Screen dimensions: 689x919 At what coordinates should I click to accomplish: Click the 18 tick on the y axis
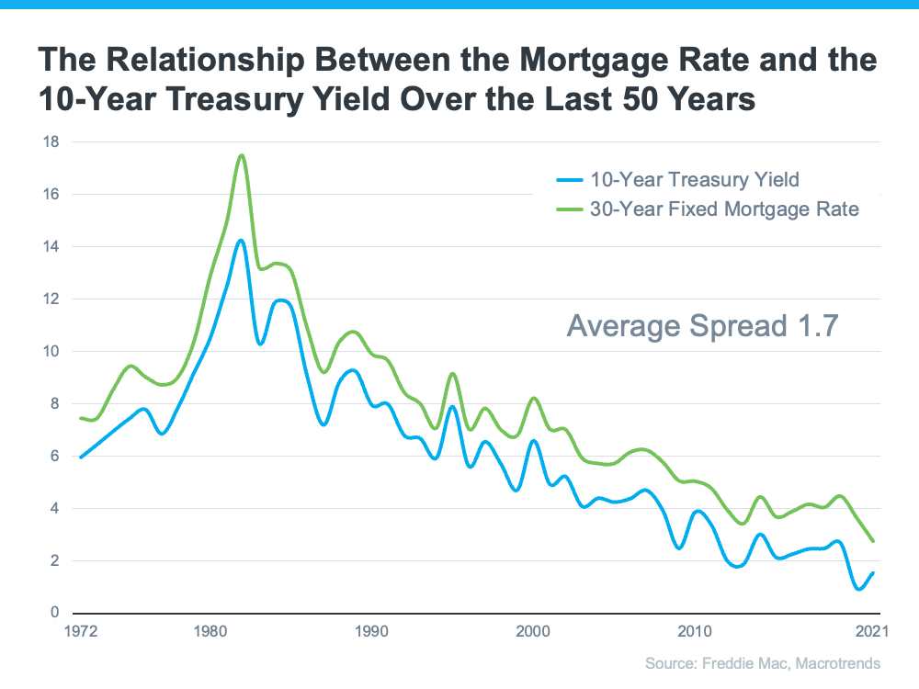pos(52,142)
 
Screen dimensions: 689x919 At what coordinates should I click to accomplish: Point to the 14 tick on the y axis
pos(52,247)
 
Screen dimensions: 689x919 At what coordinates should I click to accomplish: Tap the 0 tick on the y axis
pos(56,613)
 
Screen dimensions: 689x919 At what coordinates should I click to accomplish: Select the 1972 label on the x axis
pos(82,632)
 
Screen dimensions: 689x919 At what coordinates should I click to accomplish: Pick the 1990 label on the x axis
pos(371,632)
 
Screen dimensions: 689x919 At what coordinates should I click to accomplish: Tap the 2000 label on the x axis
pos(532,632)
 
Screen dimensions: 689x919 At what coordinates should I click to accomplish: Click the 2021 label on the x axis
pos(871,632)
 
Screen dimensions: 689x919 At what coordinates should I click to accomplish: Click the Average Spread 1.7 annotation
pos(702,325)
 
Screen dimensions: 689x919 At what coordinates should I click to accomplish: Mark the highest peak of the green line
pos(242,155)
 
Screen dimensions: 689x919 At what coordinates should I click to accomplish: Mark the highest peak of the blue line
pos(241,241)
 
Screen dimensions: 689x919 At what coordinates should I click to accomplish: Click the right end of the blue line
pos(873,572)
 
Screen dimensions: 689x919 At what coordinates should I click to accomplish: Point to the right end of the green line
pos(873,541)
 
